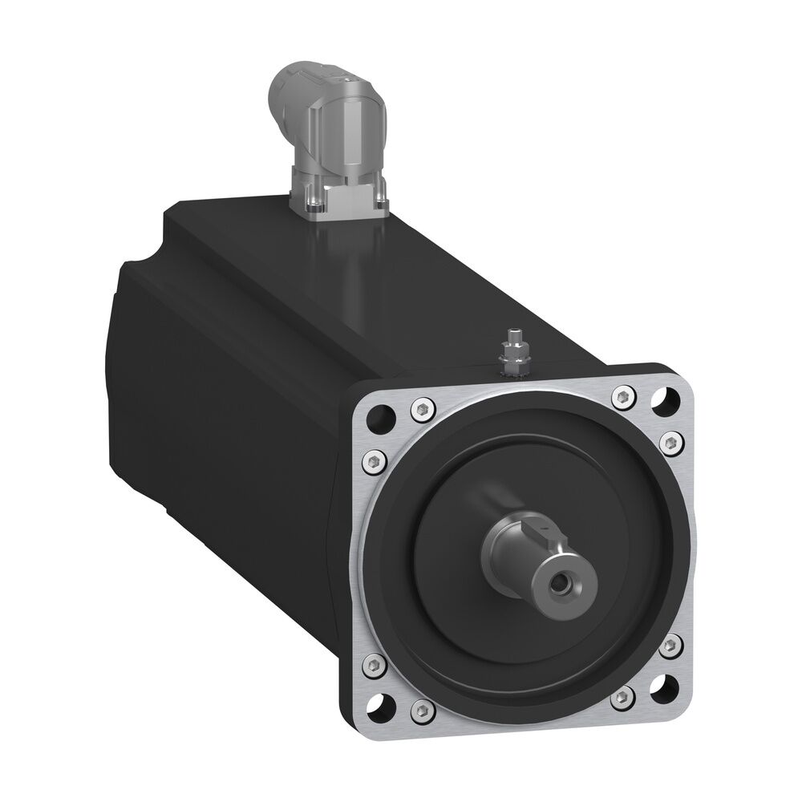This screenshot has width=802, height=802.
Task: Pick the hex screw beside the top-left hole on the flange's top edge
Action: click(418, 409)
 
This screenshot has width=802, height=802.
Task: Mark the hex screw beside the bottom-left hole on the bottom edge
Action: click(420, 709)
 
